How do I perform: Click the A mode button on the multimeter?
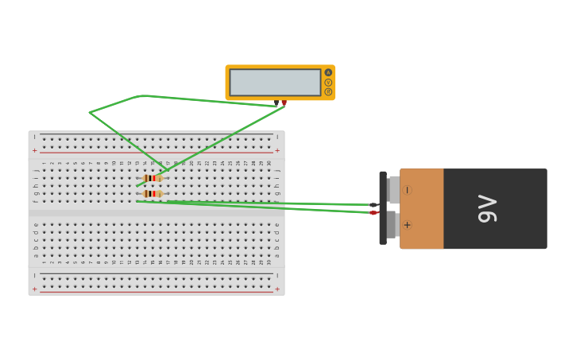pos(328,72)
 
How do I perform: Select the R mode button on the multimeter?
pos(328,91)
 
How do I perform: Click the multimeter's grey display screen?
pos(275,82)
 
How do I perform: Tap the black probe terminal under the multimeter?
pos(276,103)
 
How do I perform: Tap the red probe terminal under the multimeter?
pos(284,103)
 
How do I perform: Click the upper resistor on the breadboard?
pos(153,178)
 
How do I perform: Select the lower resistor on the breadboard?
pos(153,193)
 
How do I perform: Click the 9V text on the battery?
pos(487,208)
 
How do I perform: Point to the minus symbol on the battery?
pos(408,190)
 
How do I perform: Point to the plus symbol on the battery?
pos(408,225)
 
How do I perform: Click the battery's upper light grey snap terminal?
pos(394,189)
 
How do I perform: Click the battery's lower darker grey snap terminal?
pos(392,225)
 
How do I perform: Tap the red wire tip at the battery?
pos(373,213)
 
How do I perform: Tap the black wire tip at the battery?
pos(373,205)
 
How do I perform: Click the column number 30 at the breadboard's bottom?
pos(269,262)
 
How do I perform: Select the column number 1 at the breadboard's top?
pos(44,164)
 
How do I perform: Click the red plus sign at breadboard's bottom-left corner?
pos(34,289)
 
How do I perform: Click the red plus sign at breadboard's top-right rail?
pos(276,150)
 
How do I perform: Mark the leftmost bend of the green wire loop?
pos(90,112)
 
